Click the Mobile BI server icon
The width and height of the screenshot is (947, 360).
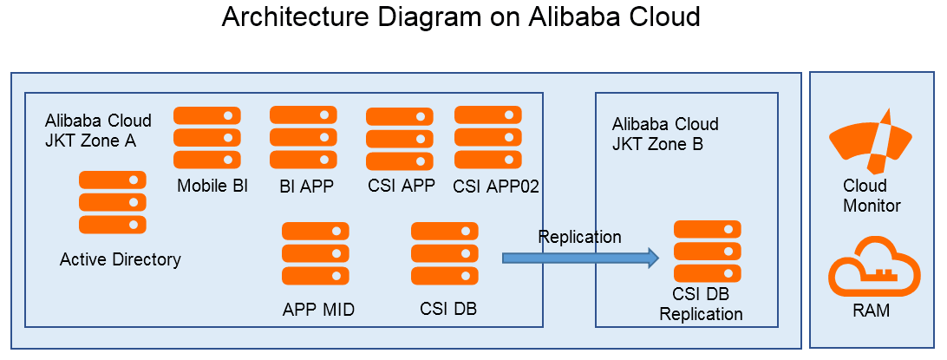[207, 138]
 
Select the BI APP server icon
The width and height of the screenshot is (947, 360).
[304, 138]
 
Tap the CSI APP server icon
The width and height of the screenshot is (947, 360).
[400, 139]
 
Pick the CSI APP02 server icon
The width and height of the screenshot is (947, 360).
[488, 138]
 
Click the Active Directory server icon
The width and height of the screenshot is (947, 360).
[113, 202]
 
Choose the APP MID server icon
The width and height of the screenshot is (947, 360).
[316, 253]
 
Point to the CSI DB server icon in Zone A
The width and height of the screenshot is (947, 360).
[445, 253]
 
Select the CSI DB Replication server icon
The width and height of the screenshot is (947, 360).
[708, 252]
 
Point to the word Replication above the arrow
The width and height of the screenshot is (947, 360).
[580, 237]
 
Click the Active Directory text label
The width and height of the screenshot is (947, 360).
[121, 259]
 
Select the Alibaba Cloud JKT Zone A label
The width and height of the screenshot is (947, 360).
[98, 131]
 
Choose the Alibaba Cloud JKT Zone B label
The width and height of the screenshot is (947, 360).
[665, 134]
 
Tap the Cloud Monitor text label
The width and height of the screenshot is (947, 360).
[872, 196]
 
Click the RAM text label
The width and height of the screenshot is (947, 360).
[872, 311]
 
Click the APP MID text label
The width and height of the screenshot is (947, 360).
[318, 310]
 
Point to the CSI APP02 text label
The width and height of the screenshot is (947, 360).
[496, 186]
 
